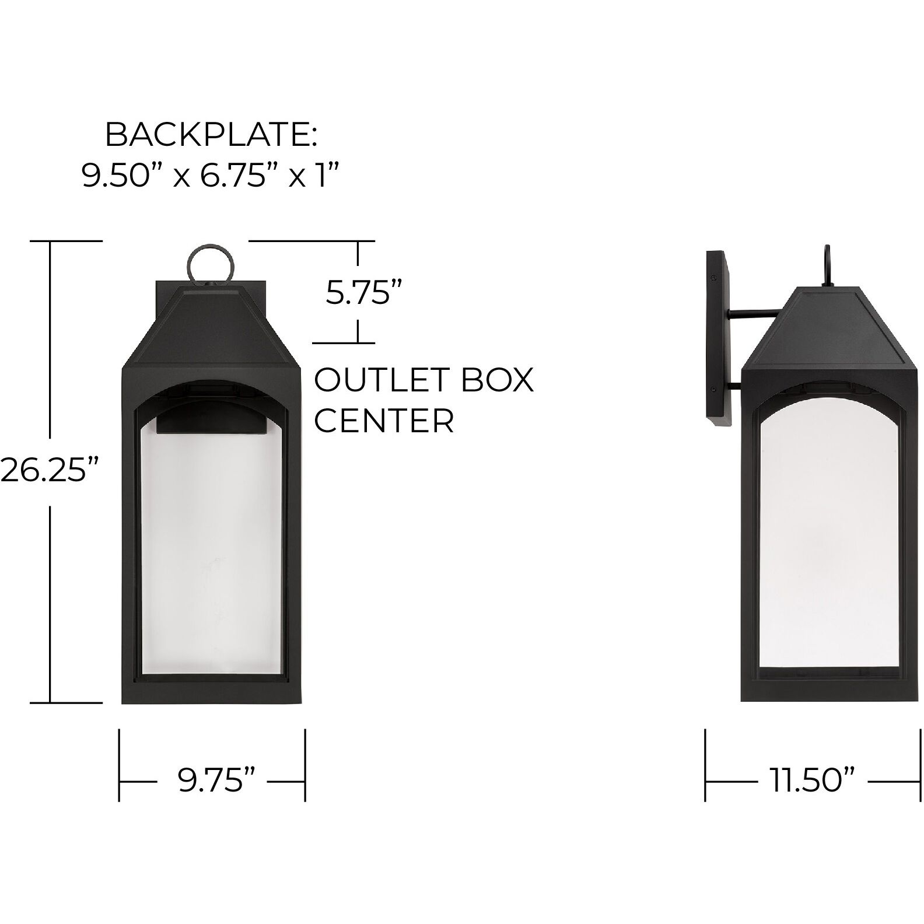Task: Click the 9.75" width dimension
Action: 217,780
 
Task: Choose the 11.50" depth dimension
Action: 813,780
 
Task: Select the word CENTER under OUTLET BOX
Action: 384,420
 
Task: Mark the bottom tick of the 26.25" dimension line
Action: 66,702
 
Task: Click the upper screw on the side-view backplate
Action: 713,278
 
